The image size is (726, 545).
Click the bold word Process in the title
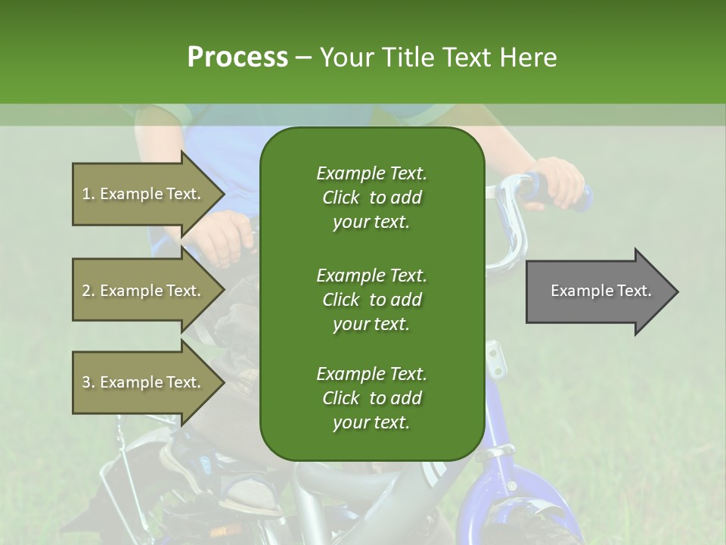coord(237,57)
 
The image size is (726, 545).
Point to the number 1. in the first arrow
coord(88,194)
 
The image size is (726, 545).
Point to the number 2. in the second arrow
coord(88,291)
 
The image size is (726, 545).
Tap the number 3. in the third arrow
coord(88,382)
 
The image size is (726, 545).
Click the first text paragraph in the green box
coord(371,198)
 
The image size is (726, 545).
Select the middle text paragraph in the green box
coord(371,299)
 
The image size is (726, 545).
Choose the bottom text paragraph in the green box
coord(371,398)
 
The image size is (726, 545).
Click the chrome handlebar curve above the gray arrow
coord(514,227)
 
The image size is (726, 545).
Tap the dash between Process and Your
coord(303,58)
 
